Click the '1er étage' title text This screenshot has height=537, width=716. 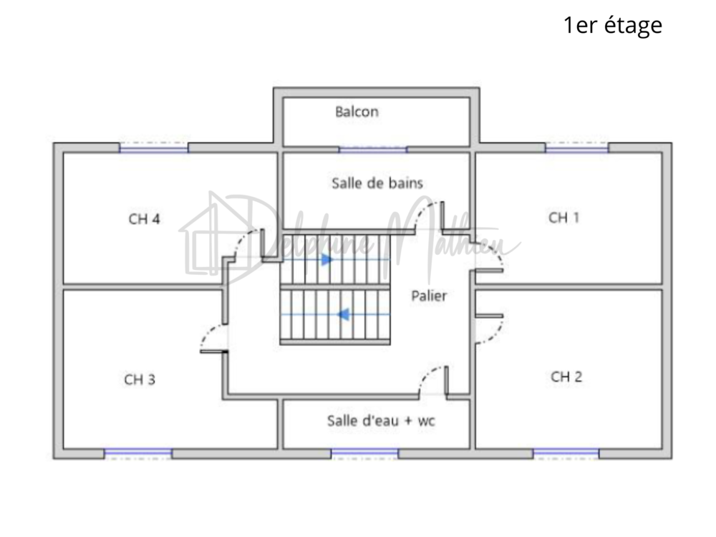pyautogui.click(x=612, y=26)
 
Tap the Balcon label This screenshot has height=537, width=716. pyautogui.click(x=357, y=112)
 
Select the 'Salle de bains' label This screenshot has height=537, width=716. pyautogui.click(x=377, y=183)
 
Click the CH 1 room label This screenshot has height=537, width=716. pyautogui.click(x=563, y=218)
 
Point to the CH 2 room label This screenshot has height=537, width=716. pyautogui.click(x=566, y=377)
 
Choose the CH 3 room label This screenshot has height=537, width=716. pyautogui.click(x=140, y=379)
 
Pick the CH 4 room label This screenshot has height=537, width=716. pyautogui.click(x=144, y=219)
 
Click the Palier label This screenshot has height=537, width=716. pyautogui.click(x=429, y=296)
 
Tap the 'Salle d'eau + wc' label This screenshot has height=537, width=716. pyautogui.click(x=381, y=420)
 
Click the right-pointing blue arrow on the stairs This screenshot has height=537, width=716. pyautogui.click(x=326, y=260)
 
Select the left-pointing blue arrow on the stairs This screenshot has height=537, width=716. pyautogui.click(x=343, y=314)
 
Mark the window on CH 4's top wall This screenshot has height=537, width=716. pyautogui.click(x=153, y=147)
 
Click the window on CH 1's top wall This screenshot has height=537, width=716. pyautogui.click(x=576, y=147)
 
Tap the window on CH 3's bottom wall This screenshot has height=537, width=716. pyautogui.click(x=138, y=453)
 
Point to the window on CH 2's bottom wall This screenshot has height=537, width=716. pyautogui.click(x=566, y=453)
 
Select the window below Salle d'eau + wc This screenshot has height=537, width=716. pyautogui.click(x=364, y=453)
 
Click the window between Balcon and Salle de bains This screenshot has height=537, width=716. pyautogui.click(x=372, y=149)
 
